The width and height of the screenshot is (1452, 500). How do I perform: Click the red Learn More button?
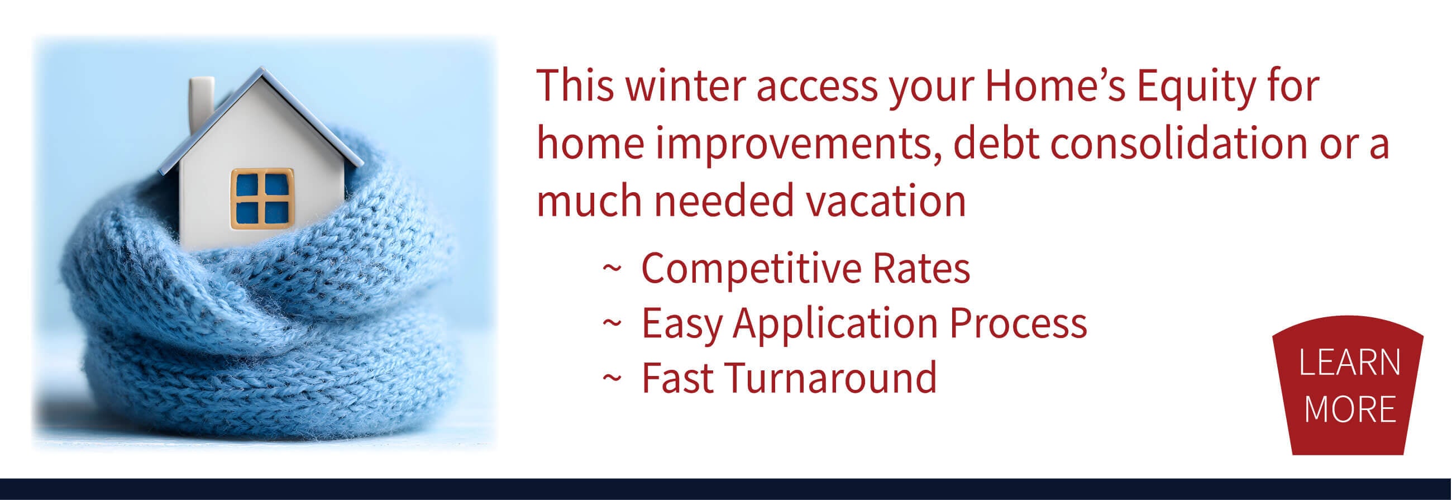(1348, 385)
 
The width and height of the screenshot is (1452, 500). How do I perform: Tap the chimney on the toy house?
(201, 104)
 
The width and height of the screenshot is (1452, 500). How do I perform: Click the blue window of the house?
(262, 198)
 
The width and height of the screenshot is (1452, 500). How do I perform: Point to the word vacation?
(886, 201)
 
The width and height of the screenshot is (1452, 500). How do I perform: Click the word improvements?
(798, 145)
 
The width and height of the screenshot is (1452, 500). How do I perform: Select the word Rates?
(921, 268)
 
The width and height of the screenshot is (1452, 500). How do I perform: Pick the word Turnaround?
(832, 378)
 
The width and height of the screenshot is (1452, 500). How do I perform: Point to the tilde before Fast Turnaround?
(612, 378)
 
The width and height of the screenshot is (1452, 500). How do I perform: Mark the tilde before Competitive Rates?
(612, 268)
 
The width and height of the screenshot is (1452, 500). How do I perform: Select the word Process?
(1018, 323)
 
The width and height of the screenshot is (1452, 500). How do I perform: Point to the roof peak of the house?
(261, 69)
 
